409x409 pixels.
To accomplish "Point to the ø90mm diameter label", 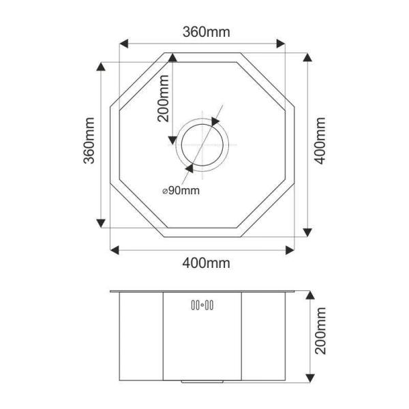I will click(x=181, y=191).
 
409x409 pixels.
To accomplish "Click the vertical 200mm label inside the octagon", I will click(x=163, y=97).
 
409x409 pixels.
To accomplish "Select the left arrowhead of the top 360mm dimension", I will click(x=123, y=44).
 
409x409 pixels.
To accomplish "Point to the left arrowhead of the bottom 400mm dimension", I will click(x=115, y=249).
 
